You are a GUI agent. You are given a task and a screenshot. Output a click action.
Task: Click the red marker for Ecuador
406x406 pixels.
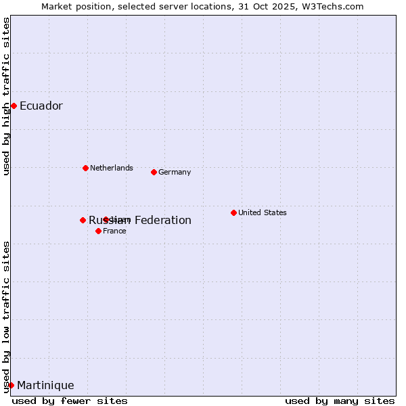pos(14,106)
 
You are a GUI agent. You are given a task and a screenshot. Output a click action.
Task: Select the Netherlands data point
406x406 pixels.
pos(85,168)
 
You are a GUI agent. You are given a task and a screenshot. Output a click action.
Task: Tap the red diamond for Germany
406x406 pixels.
pos(154,172)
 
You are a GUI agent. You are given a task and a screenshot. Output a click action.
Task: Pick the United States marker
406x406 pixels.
pos(233,212)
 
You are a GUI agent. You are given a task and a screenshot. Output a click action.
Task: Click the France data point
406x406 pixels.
pos(98,231)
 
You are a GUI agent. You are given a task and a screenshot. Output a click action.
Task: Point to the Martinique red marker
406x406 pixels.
pos(11,385)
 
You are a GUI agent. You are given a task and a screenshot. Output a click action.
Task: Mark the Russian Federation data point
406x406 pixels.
pos(83,220)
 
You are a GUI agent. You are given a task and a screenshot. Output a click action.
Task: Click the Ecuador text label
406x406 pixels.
pos(41,106)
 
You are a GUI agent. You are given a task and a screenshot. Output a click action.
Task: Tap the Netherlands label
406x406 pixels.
pos(111,168)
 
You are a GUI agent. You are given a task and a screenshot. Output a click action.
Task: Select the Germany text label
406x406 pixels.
pos(175,172)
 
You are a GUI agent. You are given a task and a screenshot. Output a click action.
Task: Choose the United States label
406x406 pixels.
pos(262,212)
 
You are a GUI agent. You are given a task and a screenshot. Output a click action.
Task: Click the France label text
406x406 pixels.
pos(114,231)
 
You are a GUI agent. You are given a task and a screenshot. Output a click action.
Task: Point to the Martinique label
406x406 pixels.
pos(45,385)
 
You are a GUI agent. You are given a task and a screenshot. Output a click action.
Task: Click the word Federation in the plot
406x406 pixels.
pos(162,220)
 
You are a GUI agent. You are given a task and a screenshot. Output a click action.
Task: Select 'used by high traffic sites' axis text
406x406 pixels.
pos(7,96)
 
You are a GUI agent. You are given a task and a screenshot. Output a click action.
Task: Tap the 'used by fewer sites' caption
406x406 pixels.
pos(70,401)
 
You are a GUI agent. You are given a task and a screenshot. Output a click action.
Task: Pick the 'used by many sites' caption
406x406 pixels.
pos(340,401)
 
